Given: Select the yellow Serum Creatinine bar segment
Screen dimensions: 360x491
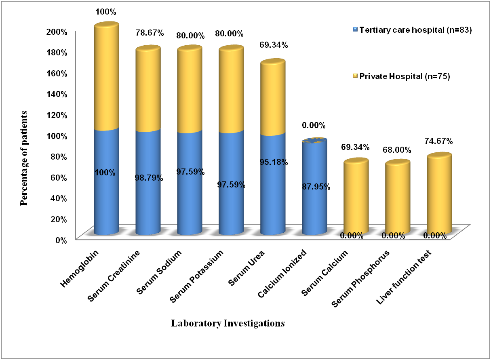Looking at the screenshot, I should pyautogui.click(x=148, y=89).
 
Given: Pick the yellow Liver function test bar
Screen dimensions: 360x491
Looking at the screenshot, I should pyautogui.click(x=439, y=194).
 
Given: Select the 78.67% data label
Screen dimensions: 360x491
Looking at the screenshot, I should pyautogui.click(x=150, y=33).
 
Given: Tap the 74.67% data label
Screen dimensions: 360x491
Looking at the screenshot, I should pyautogui.click(x=438, y=141).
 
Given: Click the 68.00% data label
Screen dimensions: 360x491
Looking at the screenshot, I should pyautogui.click(x=397, y=150).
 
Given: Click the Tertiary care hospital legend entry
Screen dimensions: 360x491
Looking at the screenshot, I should pyautogui.click(x=412, y=29).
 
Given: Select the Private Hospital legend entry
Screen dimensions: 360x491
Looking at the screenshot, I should pyautogui.click(x=405, y=76).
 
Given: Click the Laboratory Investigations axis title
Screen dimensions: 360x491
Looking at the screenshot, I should pyautogui.click(x=228, y=324).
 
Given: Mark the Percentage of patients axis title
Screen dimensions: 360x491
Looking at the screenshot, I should pyautogui.click(x=25, y=158).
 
